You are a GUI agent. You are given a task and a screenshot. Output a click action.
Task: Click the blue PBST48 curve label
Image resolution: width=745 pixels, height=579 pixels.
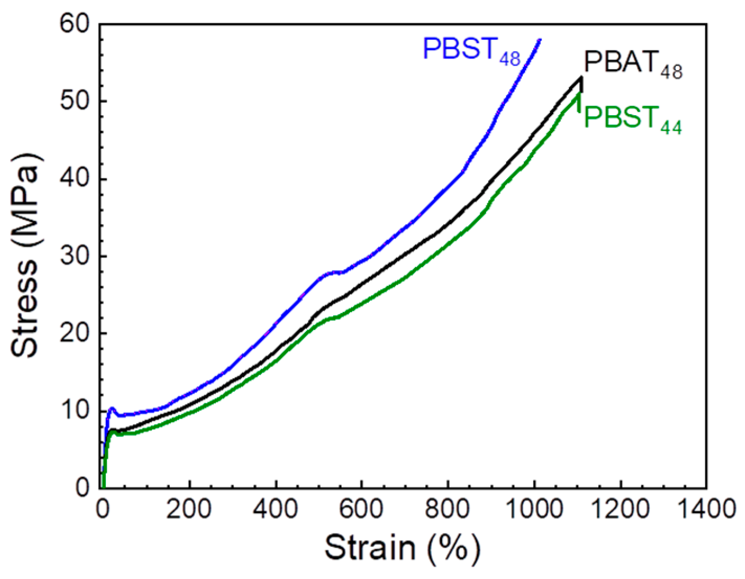(471, 51)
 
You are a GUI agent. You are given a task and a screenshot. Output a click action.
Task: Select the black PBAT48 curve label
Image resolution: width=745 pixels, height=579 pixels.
(632, 65)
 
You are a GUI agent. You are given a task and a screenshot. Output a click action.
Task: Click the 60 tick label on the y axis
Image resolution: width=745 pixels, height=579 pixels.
(75, 25)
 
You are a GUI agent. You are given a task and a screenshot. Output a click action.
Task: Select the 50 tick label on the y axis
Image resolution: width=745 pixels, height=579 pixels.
(75, 102)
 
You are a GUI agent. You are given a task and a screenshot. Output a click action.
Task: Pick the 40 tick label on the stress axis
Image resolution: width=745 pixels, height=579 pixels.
(75, 179)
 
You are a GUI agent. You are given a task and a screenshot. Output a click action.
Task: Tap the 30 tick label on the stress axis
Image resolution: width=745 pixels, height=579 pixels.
(75, 257)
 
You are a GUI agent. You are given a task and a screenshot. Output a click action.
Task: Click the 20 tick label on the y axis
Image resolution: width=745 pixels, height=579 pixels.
(75, 333)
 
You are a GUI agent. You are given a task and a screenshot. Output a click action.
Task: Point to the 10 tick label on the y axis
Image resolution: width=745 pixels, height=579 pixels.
(75, 411)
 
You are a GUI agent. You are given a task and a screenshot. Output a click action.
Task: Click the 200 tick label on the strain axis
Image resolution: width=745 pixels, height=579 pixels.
(189, 509)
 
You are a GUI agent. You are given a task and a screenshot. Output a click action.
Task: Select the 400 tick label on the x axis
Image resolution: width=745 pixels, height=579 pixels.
(276, 509)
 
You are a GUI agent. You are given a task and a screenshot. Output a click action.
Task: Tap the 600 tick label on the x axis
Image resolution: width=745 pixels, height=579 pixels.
(361, 509)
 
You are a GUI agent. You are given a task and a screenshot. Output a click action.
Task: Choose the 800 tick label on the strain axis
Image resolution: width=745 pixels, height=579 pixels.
(448, 509)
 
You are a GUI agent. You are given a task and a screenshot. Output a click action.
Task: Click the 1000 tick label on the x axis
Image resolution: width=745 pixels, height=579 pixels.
(534, 509)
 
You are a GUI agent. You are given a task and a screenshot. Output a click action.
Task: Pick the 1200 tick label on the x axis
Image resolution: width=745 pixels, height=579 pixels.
(620, 509)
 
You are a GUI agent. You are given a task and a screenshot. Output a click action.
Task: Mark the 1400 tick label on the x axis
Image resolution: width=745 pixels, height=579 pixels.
(706, 509)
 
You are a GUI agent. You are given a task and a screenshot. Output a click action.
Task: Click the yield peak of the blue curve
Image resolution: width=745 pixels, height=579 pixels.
(112, 408)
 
